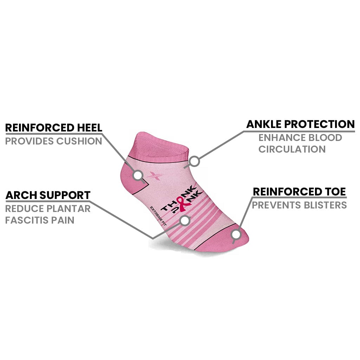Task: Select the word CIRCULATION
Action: (x=292, y=149)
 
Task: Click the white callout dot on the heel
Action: (x=138, y=174)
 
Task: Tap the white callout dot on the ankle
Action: (x=194, y=161)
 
